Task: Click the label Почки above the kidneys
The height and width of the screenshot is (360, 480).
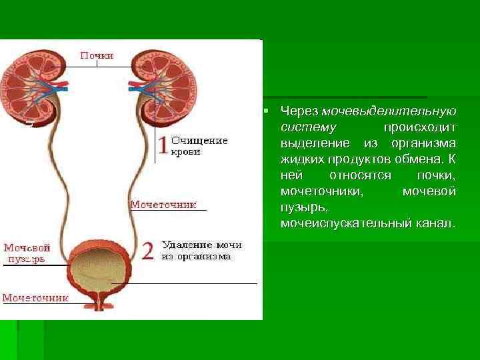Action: point(97,56)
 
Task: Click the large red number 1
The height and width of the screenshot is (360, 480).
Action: point(163,145)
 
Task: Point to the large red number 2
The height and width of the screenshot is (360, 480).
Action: point(148,251)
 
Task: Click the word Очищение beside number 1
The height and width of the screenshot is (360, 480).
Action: point(200,141)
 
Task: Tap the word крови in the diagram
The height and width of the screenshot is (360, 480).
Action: point(186,152)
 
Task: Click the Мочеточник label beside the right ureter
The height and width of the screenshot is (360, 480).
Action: point(163,205)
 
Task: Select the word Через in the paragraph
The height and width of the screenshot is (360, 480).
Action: point(299,110)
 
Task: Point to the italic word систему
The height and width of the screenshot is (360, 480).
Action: point(309,126)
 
